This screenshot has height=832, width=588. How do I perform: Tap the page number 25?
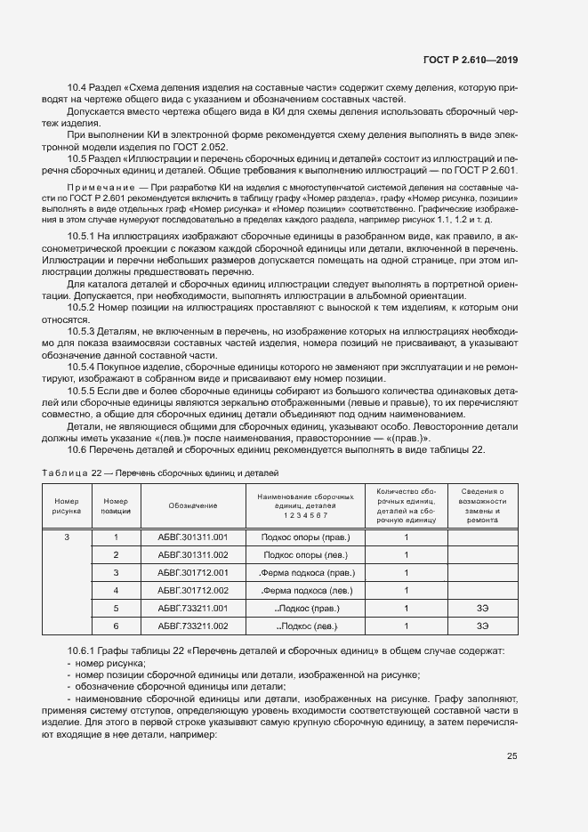[x=512, y=756]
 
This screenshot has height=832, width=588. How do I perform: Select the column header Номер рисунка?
[x=67, y=505]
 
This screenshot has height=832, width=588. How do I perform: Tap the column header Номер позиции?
[x=116, y=505]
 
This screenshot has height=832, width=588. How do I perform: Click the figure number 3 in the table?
[x=67, y=537]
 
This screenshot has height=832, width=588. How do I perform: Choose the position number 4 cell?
[x=116, y=590]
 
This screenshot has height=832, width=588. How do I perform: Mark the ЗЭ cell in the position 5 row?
[x=483, y=608]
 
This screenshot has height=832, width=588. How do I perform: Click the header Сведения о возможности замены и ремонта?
[x=483, y=505]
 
